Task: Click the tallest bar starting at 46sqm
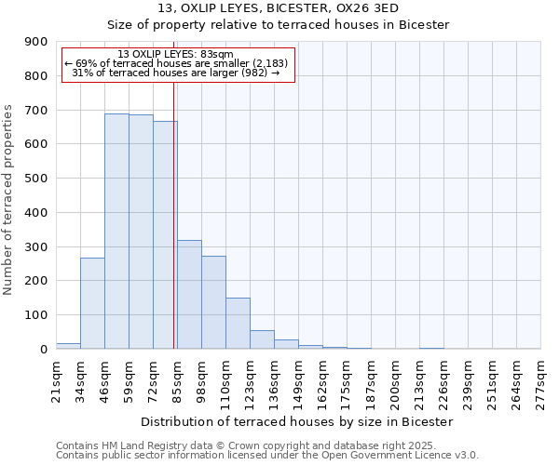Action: (116, 232)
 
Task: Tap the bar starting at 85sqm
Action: (189, 295)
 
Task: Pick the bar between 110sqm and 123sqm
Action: (238, 324)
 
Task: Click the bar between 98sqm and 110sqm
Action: (213, 302)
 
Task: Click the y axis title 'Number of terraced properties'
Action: (9, 200)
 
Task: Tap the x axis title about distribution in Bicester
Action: (298, 421)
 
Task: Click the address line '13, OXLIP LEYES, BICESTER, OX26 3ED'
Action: (279, 8)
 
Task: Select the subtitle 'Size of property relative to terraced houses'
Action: (279, 24)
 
